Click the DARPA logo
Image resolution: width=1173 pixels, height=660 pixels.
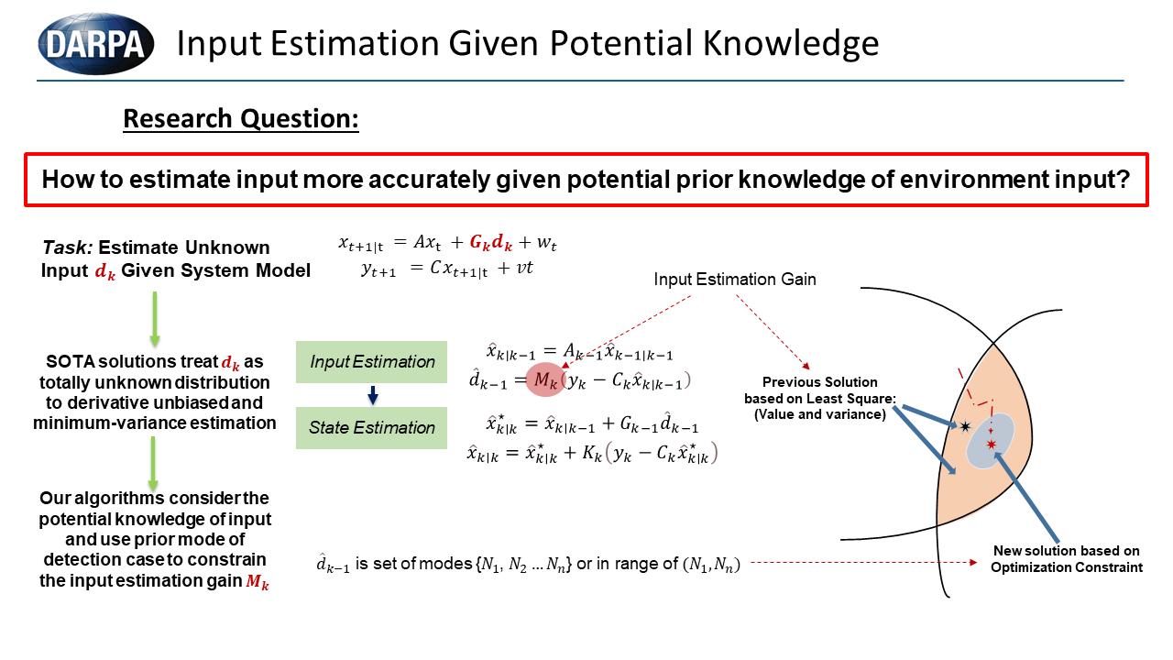[x=96, y=43]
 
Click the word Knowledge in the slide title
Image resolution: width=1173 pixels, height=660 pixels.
[x=790, y=43]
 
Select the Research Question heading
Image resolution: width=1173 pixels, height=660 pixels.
[x=241, y=118]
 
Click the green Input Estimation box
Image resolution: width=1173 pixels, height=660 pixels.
[x=371, y=361]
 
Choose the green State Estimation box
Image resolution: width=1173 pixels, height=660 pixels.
[x=371, y=427]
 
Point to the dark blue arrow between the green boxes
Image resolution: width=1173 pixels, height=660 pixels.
[x=373, y=395]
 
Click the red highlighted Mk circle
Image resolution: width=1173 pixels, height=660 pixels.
[x=545, y=379]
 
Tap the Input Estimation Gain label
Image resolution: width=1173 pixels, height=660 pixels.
[x=735, y=280]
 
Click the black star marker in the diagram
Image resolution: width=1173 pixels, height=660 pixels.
[x=965, y=426]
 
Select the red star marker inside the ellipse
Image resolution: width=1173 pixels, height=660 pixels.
[x=991, y=445]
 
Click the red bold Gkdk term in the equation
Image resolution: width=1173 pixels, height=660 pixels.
[x=490, y=243]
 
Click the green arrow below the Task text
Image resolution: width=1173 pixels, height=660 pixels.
[x=155, y=318]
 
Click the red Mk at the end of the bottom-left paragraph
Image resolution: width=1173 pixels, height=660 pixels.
[x=258, y=581]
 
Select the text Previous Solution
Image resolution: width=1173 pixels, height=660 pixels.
[x=819, y=382]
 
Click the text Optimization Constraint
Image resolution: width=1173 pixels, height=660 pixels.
[x=1066, y=567]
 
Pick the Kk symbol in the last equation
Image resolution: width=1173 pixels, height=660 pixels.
[x=592, y=453]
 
